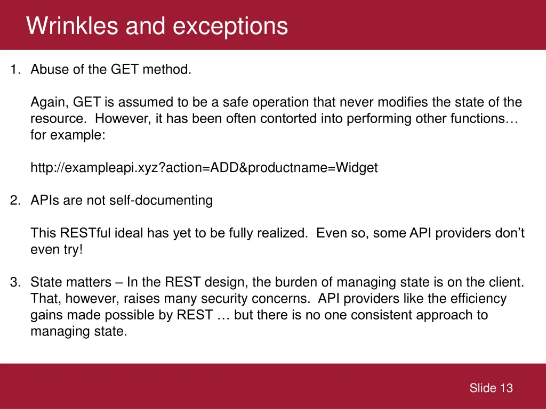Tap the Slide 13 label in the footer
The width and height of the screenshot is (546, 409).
click(x=491, y=388)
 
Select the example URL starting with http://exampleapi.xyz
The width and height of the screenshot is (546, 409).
click(x=204, y=168)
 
